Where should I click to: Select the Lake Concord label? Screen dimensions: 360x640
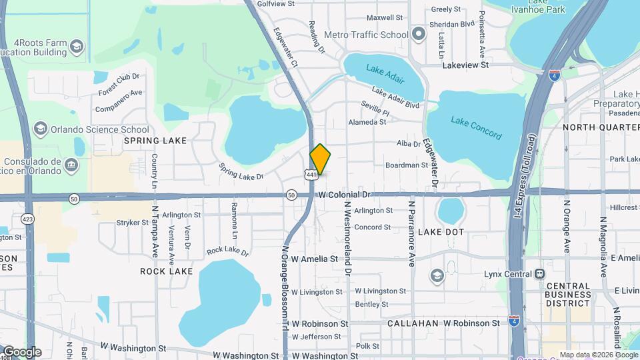tap(476, 128)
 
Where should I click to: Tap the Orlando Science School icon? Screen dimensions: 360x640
tap(41, 129)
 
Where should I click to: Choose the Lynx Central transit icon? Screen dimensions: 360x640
tap(539, 274)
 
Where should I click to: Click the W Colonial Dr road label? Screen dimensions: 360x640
tap(343, 195)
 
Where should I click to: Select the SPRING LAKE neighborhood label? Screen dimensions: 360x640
tap(150, 141)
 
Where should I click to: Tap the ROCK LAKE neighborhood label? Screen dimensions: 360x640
tap(166, 271)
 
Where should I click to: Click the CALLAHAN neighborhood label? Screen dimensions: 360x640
tap(413, 323)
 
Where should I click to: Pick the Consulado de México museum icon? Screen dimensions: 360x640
tap(71, 164)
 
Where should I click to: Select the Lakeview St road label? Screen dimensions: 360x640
tap(465, 65)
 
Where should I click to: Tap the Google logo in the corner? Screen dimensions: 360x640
tap(21, 352)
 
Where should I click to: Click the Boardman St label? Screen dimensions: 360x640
tap(406, 165)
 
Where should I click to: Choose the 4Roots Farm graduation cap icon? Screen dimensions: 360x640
tap(77, 46)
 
